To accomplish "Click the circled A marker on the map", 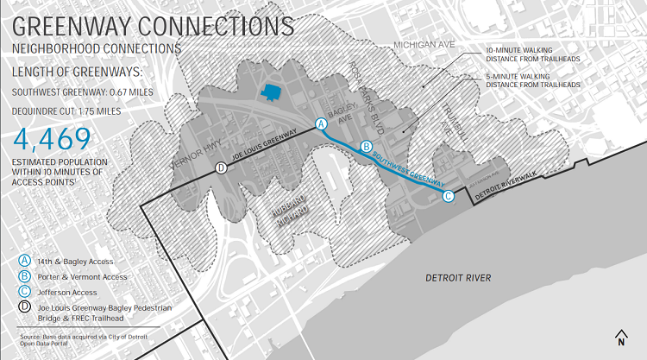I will (x=322, y=123).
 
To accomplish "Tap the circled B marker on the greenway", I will (x=366, y=147).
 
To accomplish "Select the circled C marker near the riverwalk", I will (x=448, y=196).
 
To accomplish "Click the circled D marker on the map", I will (x=221, y=168).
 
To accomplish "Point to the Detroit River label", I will (x=458, y=277).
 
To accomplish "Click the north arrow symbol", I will (x=620, y=338).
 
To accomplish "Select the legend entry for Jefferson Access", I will (x=70, y=293).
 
